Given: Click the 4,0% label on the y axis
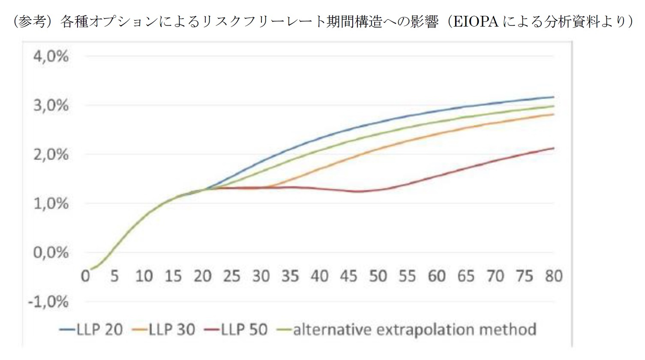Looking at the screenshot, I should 51,56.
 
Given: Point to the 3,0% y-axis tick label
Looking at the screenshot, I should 51,105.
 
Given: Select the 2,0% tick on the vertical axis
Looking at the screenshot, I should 51,154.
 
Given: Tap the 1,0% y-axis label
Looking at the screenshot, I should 51,204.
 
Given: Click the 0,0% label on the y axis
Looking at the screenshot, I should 51,252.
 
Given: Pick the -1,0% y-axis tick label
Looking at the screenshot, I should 48,302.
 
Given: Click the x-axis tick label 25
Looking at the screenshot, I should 231,276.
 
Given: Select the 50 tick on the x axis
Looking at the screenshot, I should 378,276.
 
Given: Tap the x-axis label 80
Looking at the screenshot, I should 553,276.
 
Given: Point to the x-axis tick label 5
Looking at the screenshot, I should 114,276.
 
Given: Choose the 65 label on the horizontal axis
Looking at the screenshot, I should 466,276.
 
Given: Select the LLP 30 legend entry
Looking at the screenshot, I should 172,330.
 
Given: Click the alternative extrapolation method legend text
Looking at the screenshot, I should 414,330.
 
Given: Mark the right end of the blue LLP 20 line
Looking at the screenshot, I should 554,97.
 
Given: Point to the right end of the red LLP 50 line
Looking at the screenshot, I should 554,148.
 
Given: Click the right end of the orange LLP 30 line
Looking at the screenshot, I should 554,114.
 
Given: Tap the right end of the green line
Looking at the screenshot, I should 554,106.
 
